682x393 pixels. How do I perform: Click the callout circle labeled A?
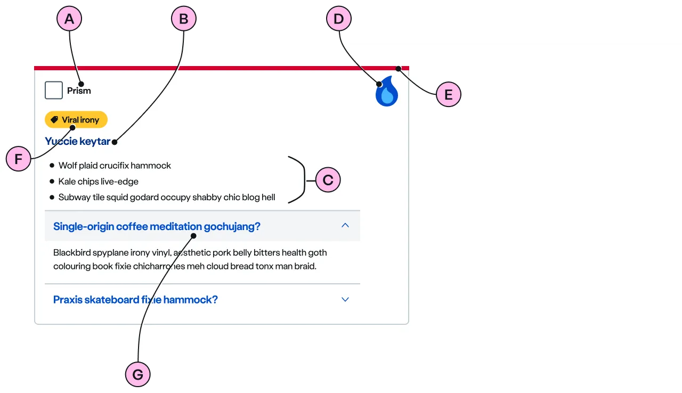click(69, 20)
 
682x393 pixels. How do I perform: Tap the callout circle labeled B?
click(184, 20)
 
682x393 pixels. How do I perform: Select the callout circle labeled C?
click(328, 181)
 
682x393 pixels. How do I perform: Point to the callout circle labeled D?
click(338, 20)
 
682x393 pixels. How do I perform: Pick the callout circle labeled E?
click(448, 95)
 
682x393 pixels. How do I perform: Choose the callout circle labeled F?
click(19, 159)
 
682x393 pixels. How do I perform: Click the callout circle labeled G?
click(137, 375)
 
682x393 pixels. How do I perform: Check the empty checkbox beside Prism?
click(54, 91)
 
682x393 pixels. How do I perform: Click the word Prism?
click(79, 91)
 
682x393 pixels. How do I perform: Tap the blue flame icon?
click(387, 92)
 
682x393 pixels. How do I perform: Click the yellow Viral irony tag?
click(76, 120)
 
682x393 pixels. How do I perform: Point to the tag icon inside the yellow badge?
click(54, 120)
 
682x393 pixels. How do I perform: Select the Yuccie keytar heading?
click(77, 141)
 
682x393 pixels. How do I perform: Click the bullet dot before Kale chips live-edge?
click(52, 182)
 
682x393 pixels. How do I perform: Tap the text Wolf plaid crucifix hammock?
click(115, 166)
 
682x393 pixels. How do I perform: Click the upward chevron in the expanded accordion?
click(345, 225)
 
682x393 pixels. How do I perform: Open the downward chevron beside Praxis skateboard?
click(345, 299)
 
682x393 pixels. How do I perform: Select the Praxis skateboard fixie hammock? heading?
click(135, 300)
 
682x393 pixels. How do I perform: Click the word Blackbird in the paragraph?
click(72, 252)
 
